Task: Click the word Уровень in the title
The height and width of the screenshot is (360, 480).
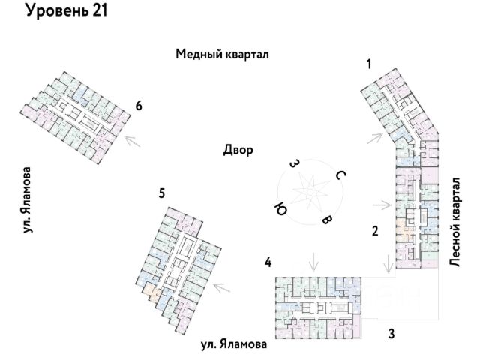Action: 56,11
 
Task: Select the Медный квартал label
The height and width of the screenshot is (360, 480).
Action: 222,55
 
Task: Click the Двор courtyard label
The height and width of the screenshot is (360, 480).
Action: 238,150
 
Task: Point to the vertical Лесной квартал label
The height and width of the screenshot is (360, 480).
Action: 454,222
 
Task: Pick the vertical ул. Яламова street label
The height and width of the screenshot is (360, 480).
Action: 27,200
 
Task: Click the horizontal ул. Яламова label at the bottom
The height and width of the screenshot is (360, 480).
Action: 234,344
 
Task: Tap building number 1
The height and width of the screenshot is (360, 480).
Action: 369,64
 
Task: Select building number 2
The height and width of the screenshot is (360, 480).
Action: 375,231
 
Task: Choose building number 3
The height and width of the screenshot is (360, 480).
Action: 391,333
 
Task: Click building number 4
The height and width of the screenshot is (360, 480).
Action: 268,262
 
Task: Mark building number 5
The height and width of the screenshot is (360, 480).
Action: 162,193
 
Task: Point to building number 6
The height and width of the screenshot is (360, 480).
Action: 139,106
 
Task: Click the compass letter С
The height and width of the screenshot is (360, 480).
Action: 340,175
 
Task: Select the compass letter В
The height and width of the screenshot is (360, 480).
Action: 326,220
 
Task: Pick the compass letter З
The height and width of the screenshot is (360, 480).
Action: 293,164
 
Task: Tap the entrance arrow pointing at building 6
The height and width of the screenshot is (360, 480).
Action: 133,141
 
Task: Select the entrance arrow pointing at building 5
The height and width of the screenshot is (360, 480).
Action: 222,287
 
